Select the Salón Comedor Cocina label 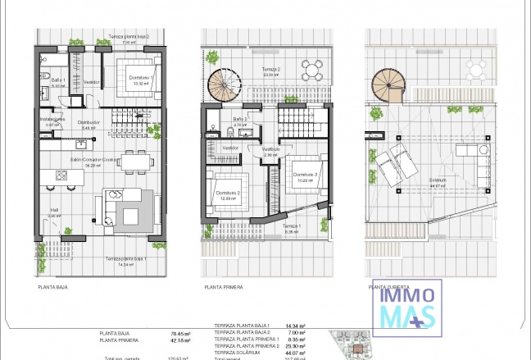pos(93,161)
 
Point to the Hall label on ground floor pos(54,209)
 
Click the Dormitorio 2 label pos(227,194)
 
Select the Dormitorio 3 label pos(304,175)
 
